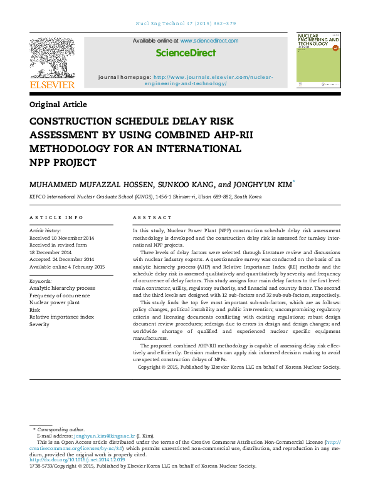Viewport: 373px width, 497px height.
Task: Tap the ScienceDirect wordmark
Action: pos(186,53)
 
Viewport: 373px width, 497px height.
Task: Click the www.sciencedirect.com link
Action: pos(209,41)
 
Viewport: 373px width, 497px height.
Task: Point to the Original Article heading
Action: pos(58,105)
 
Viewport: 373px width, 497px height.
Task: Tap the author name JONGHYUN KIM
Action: pos(258,184)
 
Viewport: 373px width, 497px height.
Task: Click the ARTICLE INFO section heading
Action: pos(56,218)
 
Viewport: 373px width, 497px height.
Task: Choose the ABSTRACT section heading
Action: pos(152,218)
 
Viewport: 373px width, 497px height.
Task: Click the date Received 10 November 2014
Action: pos(61,238)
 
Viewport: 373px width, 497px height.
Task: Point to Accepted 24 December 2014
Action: pos(61,259)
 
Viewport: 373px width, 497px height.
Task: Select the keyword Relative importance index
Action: pos(61,317)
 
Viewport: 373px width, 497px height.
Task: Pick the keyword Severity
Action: pos(39,324)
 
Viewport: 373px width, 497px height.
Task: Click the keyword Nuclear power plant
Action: pos(55,302)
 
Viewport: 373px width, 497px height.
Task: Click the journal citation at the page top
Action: pos(186,24)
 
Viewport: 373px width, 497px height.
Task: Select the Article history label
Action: pos(45,231)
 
